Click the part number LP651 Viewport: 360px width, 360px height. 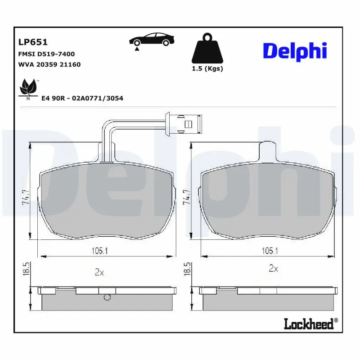click(x=33, y=42)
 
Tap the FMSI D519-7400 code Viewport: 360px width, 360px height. click(x=46, y=54)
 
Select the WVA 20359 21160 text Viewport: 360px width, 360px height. click(x=49, y=64)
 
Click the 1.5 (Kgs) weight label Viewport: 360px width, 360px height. click(x=207, y=68)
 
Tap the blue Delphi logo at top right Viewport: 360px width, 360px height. click(x=294, y=50)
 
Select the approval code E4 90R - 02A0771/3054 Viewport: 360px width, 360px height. click(x=82, y=98)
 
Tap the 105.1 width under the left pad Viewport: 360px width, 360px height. click(x=107, y=251)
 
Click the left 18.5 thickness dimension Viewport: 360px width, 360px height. click(x=26, y=270)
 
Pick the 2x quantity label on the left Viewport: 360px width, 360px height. click(x=99, y=272)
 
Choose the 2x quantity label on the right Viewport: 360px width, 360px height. click(x=273, y=269)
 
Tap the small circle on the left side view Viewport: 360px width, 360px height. click(x=107, y=297)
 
